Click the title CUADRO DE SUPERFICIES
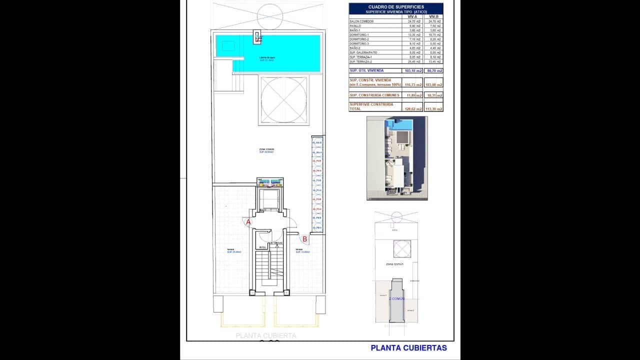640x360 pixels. [395, 6]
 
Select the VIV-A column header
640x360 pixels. [412, 16]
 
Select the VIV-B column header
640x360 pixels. [433, 16]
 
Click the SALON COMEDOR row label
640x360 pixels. [362, 21]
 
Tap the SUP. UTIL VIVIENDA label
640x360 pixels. [366, 70]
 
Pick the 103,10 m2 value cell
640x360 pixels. [412, 71]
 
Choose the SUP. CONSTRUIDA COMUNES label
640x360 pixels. [374, 95]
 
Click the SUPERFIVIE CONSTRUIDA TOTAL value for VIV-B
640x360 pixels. [433, 108]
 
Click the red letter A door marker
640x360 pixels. [248, 222]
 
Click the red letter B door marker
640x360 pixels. [304, 239]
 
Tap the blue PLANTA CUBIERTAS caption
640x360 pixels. [408, 348]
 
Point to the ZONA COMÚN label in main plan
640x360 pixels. [266, 149]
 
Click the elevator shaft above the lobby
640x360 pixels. [270, 200]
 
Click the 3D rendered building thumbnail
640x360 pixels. [397, 158]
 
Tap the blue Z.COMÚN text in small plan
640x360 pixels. [398, 298]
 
